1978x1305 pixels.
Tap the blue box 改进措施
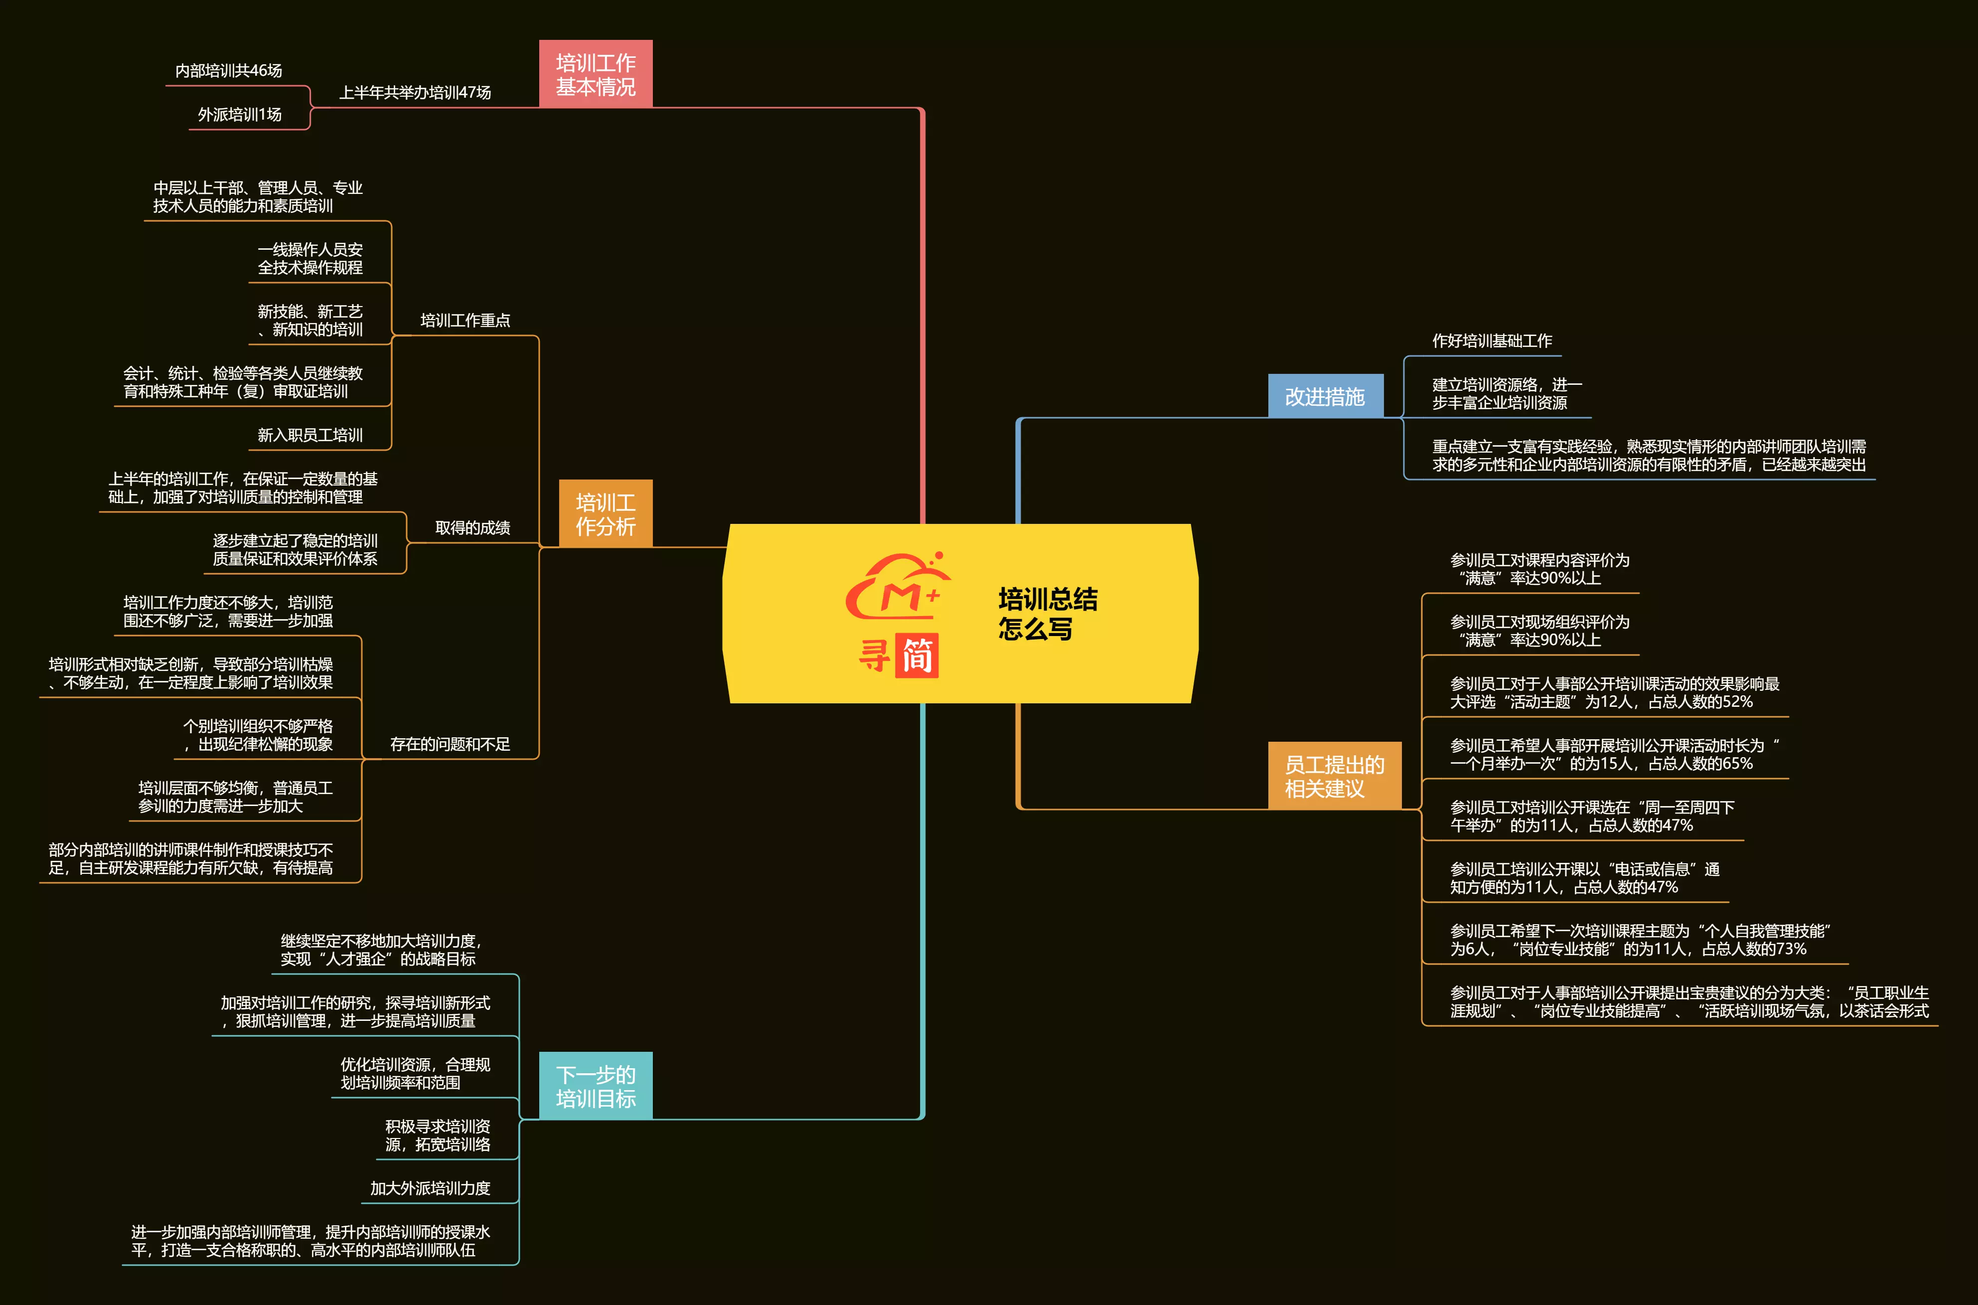tap(1324, 396)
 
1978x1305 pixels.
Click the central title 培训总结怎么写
tap(1047, 614)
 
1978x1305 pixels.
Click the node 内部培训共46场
tap(228, 71)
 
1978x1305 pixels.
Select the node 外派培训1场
tap(240, 115)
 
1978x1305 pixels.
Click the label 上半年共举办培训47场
tap(415, 92)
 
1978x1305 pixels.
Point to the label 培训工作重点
tap(464, 321)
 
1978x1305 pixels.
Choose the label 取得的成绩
tap(472, 528)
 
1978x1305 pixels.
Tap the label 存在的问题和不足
tap(450, 744)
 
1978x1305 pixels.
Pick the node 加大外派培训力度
tap(430, 1188)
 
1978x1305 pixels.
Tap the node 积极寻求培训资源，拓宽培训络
tap(437, 1135)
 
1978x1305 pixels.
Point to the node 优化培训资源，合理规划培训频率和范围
tap(415, 1074)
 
